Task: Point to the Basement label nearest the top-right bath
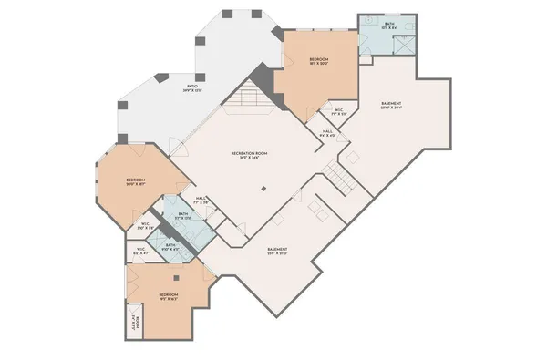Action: tap(392, 106)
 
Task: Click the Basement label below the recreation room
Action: tap(277, 252)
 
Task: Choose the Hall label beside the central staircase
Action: tap(326, 132)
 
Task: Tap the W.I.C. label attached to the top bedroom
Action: tap(338, 112)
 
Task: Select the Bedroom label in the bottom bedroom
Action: tap(169, 296)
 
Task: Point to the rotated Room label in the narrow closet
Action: tap(134, 324)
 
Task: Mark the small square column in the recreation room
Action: tap(263, 189)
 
